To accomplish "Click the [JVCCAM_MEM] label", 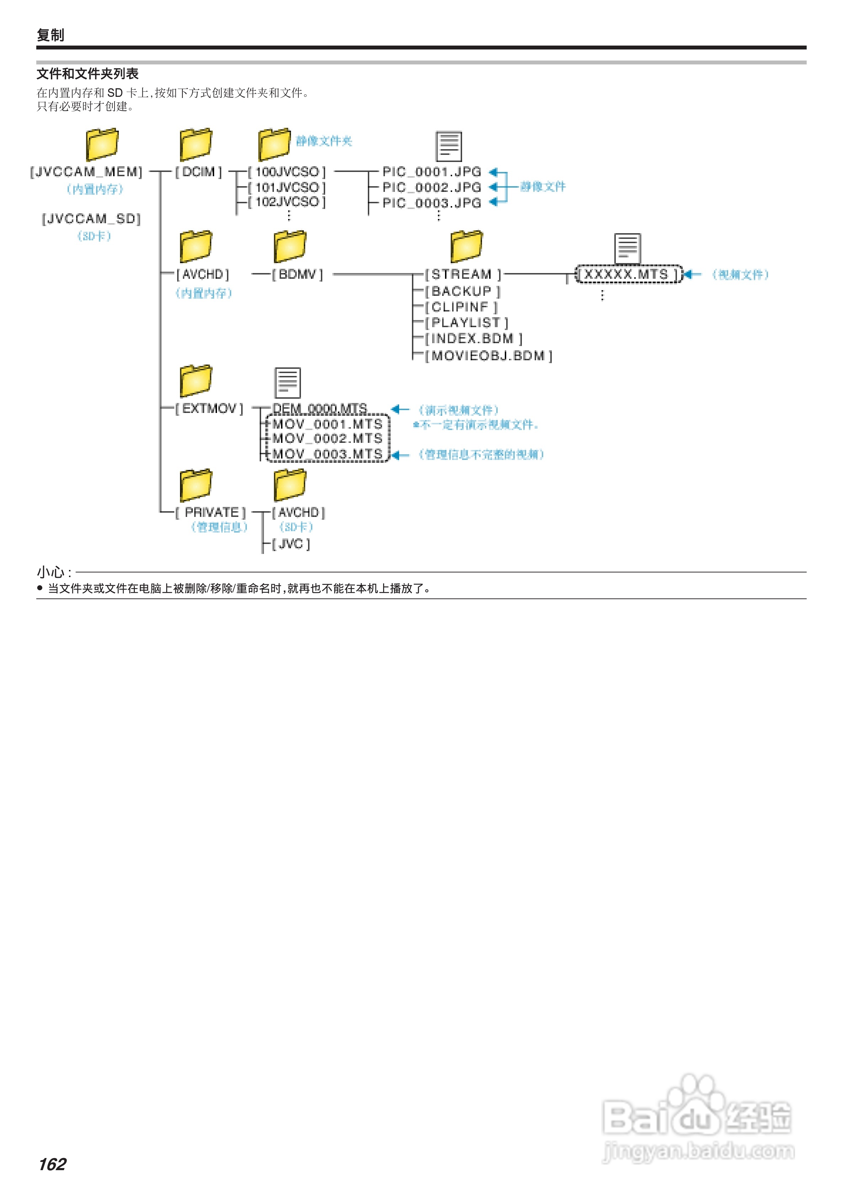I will pos(86,172).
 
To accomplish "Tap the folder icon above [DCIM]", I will pos(196,144).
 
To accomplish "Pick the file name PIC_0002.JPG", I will pos(432,187).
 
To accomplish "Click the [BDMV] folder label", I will pos(297,274).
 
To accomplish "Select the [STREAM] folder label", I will pos(462,274).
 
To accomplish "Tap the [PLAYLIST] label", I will pos(466,323).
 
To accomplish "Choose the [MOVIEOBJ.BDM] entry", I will pos(488,356).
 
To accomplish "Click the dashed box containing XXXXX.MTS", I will pos(628,274).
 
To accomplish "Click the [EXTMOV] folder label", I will pos(209,408).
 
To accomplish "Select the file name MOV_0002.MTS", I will pos(327,439).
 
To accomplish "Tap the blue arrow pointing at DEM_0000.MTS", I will pos(400,409).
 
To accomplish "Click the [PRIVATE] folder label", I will pos(211,512).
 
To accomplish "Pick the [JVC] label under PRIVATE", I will pos(291,544).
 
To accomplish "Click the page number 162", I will pos(52,1164).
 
